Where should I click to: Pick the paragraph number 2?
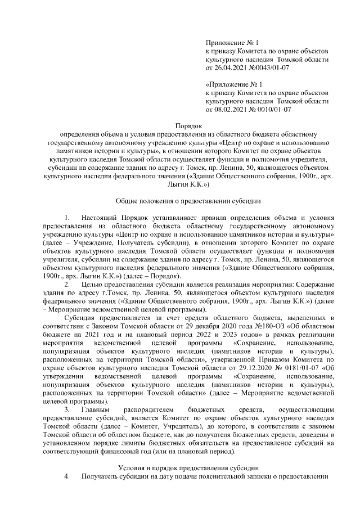[x=67, y=285]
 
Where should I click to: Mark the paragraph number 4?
[x=67, y=476]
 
